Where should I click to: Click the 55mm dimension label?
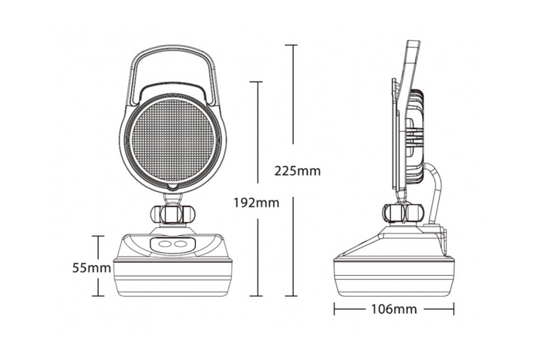90,267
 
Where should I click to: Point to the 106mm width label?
393,310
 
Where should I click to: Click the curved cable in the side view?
437,185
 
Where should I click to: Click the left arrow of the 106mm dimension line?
336,310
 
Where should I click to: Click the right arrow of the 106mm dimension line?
451,310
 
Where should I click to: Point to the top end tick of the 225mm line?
291,45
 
